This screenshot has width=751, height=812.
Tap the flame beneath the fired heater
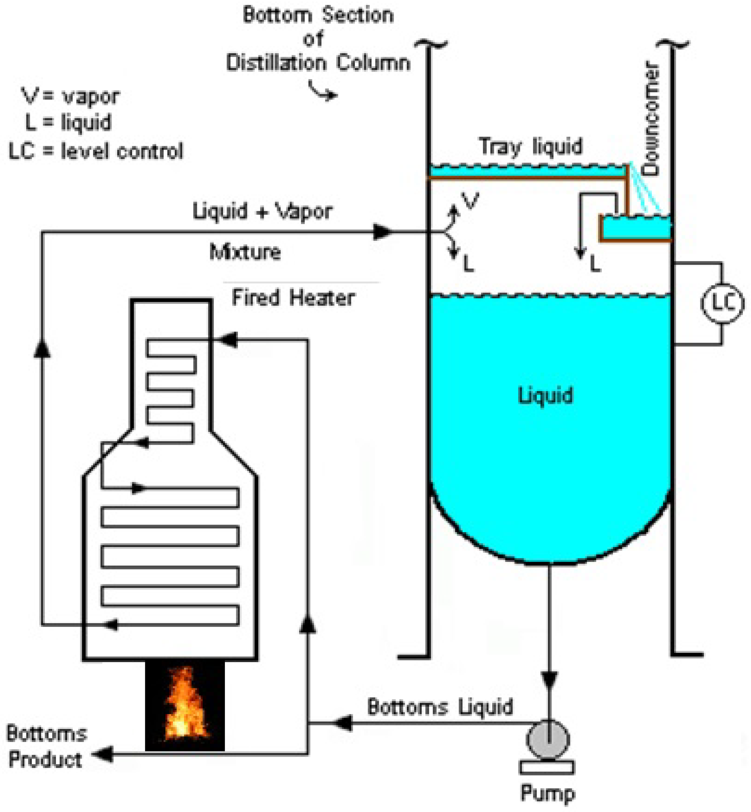pyautogui.click(x=185, y=703)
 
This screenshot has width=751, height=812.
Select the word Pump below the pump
pyautogui.click(x=548, y=793)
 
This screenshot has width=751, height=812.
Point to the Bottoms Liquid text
pyautogui.click(x=440, y=707)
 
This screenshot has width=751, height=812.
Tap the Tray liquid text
pyautogui.click(x=531, y=146)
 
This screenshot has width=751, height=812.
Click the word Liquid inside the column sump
pyautogui.click(x=545, y=395)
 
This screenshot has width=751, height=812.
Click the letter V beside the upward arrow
pyautogui.click(x=471, y=201)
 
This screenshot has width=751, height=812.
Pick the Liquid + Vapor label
pyautogui.click(x=262, y=211)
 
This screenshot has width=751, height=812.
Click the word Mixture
pyautogui.click(x=245, y=252)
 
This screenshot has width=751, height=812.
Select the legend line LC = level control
pyautogui.click(x=96, y=151)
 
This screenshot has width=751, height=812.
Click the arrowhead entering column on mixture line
pyautogui.click(x=382, y=232)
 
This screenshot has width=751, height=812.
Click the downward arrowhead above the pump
pyautogui.click(x=549, y=680)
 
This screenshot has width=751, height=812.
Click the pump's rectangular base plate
pyautogui.click(x=547, y=767)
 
